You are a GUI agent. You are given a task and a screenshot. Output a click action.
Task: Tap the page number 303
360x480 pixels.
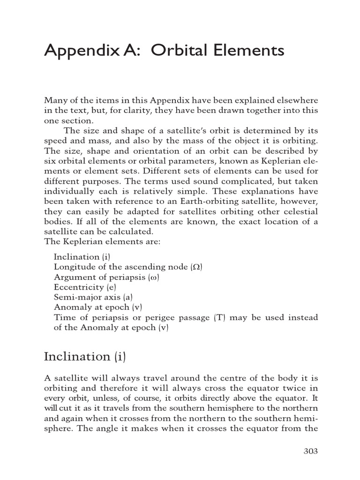(310, 451)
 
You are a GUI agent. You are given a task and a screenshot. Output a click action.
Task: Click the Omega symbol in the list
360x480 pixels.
(196, 267)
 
